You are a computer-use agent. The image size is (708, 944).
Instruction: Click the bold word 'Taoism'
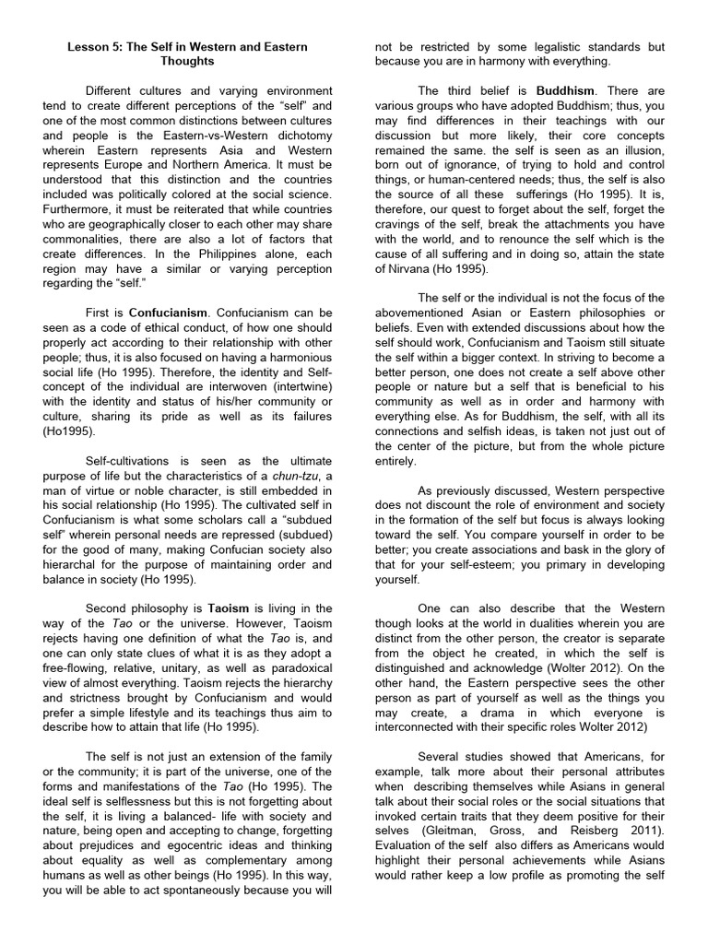[230, 608]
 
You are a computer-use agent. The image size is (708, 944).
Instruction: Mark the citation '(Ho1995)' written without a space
[69, 432]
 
